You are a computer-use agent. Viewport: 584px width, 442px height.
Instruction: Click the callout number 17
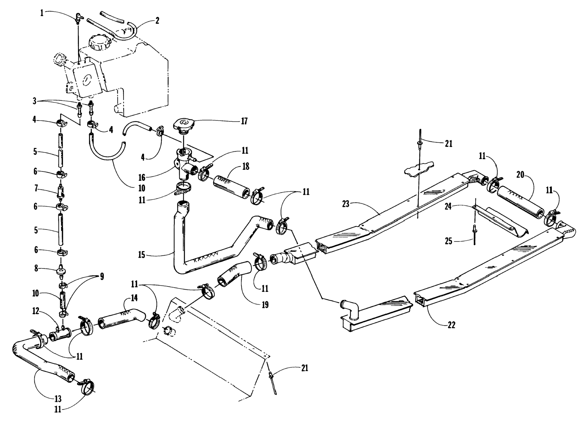(244, 121)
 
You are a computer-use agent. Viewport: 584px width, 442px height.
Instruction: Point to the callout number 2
(157, 21)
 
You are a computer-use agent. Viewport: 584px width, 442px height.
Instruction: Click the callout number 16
(142, 177)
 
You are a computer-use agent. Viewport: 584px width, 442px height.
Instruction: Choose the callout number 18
(246, 167)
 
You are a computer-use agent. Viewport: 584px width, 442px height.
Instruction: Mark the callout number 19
(265, 305)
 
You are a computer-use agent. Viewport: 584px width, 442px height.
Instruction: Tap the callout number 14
(134, 298)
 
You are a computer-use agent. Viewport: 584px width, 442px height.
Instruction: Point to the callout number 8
(36, 269)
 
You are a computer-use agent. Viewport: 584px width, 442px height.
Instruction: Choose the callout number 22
(451, 325)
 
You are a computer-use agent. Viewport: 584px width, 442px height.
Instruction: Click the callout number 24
(448, 207)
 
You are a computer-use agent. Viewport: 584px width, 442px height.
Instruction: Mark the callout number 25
(448, 241)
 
